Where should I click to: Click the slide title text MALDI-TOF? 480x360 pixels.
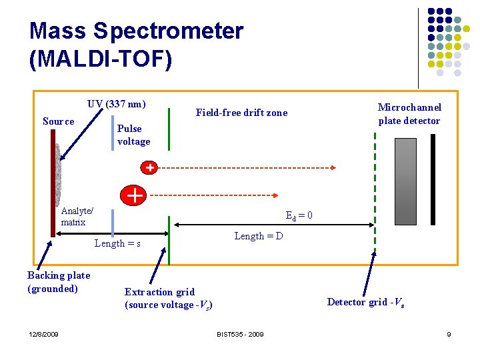click(101, 59)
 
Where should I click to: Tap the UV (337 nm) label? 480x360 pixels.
click(116, 104)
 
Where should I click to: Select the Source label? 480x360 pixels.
click(59, 121)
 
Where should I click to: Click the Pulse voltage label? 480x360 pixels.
click(133, 135)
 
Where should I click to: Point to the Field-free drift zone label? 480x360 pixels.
click(241, 113)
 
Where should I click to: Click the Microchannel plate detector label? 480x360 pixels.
click(409, 114)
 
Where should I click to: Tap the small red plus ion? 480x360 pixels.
click(151, 167)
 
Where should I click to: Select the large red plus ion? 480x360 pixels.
click(134, 195)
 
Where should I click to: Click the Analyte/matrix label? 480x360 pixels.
click(77, 217)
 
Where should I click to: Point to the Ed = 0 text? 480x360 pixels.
click(299, 215)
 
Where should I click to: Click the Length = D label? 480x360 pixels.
click(259, 236)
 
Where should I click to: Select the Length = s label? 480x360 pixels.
click(117, 243)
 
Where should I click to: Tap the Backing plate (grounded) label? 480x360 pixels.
click(59, 282)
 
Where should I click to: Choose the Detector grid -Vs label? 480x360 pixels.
click(365, 302)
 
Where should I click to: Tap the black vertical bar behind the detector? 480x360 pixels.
click(433, 179)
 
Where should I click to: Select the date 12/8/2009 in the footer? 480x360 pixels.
click(43, 334)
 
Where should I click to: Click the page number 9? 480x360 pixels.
click(449, 334)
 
